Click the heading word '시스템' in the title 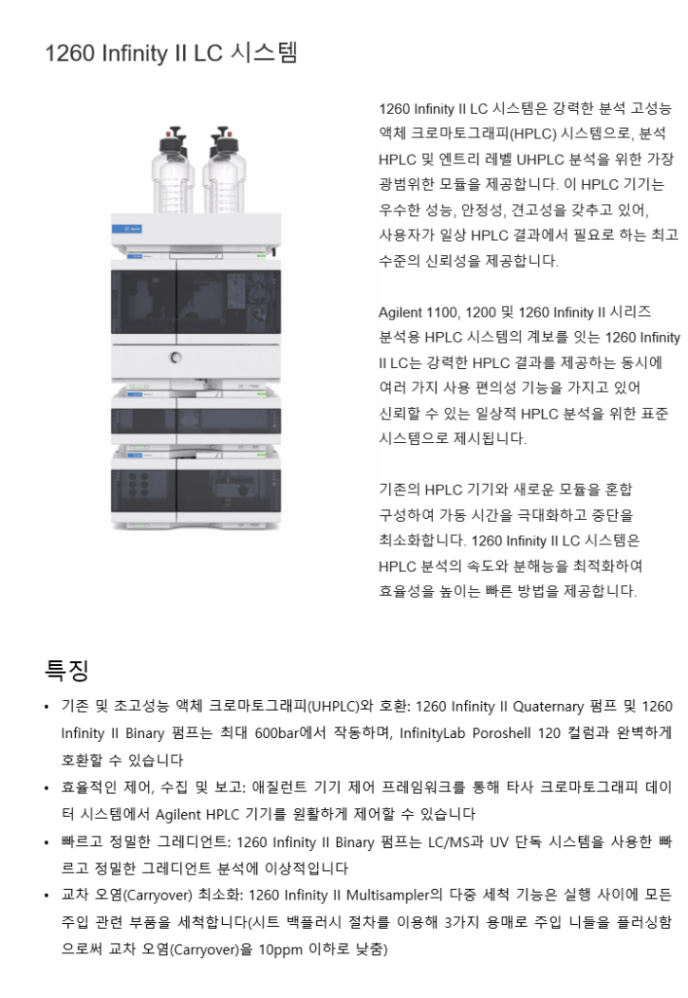pyautogui.click(x=265, y=52)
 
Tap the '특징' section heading pyautogui.click(x=66, y=671)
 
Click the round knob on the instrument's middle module pyautogui.click(x=176, y=358)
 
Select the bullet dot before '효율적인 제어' pyautogui.click(x=46, y=788)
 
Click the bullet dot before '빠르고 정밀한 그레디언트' pyautogui.click(x=46, y=841)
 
